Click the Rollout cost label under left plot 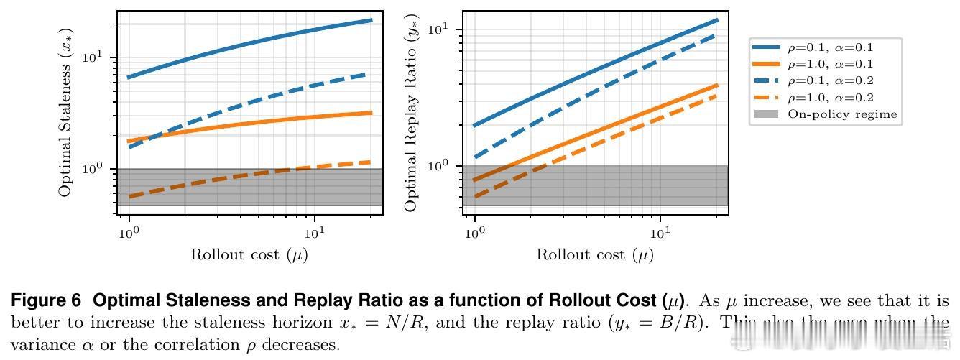(249, 254)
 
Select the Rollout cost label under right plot (594, 254)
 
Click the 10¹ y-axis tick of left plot (101, 57)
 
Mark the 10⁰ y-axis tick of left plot (101, 169)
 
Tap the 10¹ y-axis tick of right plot (447, 29)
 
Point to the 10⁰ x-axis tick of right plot (474, 233)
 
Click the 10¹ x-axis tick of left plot (314, 233)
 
